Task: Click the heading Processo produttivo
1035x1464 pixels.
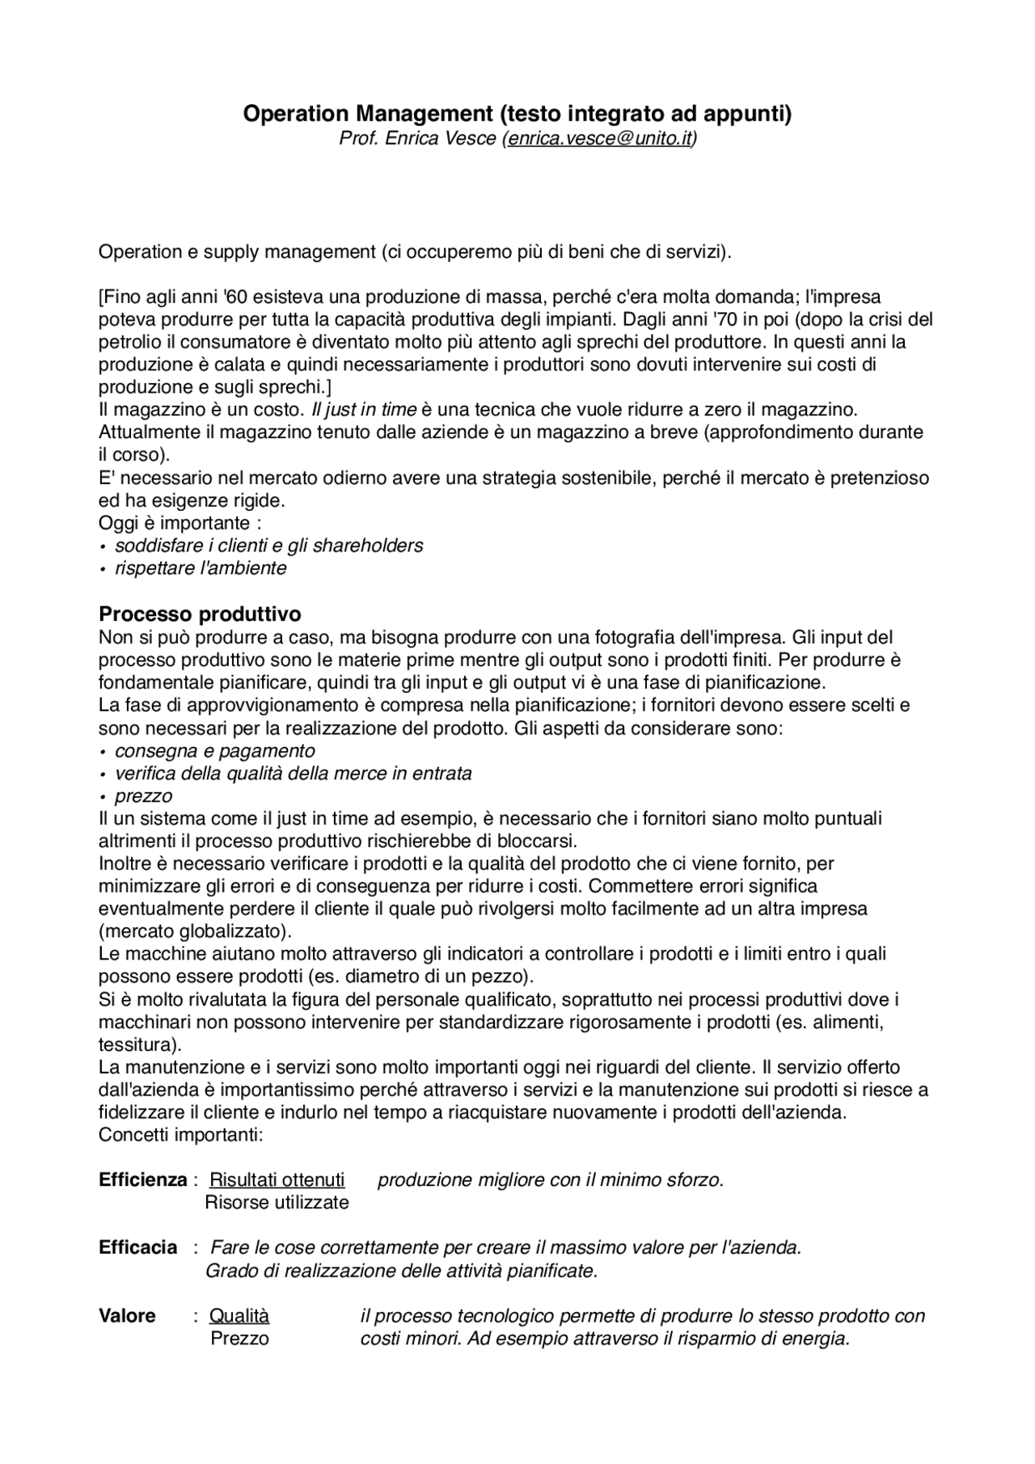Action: click(x=200, y=614)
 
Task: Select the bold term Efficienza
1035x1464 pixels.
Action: click(x=143, y=1179)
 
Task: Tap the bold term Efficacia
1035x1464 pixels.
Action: click(x=138, y=1247)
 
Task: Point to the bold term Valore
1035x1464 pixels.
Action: click(x=128, y=1315)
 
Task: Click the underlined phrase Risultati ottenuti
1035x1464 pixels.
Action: click(x=277, y=1179)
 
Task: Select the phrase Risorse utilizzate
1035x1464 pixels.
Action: click(x=277, y=1202)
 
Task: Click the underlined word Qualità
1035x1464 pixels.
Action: click(x=239, y=1315)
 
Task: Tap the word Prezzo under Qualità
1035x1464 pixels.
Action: click(x=239, y=1338)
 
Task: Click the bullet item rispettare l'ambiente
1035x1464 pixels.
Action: click(x=201, y=568)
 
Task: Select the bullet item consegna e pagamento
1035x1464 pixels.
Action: click(x=214, y=750)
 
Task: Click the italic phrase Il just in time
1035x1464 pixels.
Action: click(x=364, y=409)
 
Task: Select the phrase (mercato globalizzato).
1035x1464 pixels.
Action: click(x=195, y=930)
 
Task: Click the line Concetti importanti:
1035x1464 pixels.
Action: click(x=181, y=1134)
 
